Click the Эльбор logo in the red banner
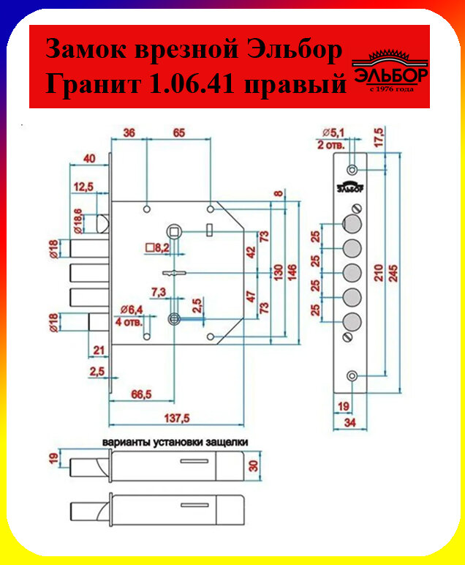coord(390,69)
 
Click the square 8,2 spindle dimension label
coord(157,248)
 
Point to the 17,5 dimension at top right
coord(399,139)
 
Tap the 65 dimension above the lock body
coord(178,132)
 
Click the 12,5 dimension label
coord(83,188)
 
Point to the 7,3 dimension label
coord(158,292)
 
